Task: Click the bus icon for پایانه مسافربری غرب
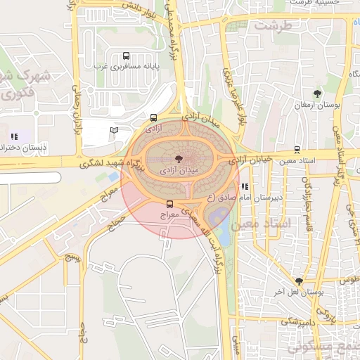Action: (126, 56)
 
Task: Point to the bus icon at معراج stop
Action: (169, 203)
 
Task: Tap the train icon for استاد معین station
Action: (297, 150)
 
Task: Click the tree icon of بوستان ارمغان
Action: (317, 93)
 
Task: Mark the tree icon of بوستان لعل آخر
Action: (299, 281)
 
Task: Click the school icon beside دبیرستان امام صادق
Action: (245, 186)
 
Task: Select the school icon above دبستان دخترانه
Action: (14, 136)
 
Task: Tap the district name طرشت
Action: (272, 25)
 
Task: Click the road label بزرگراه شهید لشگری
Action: (108, 163)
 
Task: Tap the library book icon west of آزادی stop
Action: (115, 130)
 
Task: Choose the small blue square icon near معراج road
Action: (113, 176)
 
